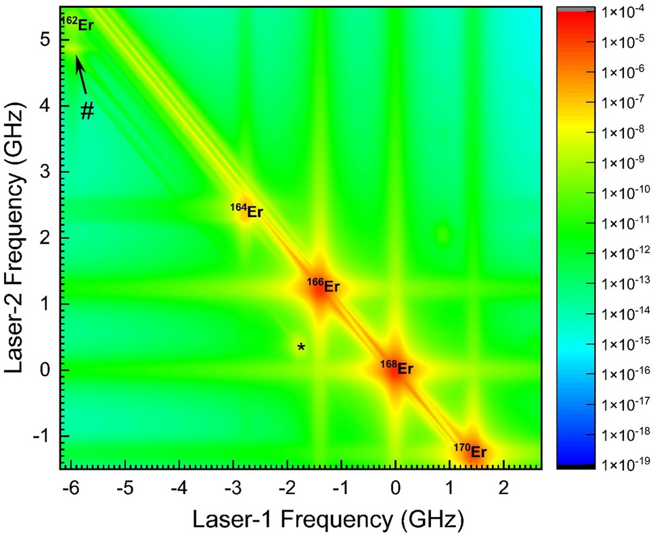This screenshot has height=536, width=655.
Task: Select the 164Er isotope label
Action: coord(247,210)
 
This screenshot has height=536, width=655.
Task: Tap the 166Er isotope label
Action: coord(323,286)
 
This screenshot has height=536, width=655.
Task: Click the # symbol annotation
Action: coord(87,112)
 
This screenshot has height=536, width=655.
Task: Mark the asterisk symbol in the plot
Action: coord(301,348)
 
